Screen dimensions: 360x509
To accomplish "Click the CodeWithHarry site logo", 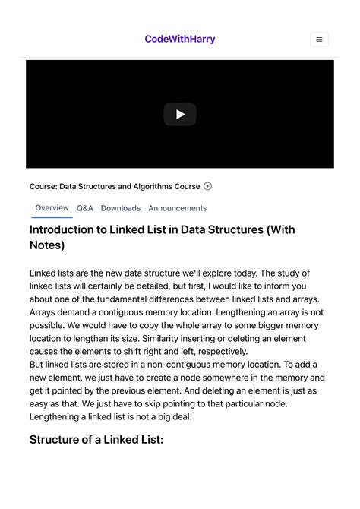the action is (x=180, y=39).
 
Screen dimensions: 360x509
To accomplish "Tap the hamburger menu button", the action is (x=319, y=40).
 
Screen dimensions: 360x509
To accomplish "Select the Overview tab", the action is (x=52, y=207).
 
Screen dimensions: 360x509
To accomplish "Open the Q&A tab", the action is (x=85, y=208).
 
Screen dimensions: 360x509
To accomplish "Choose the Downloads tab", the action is (x=121, y=208).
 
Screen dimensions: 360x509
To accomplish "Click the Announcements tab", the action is (x=178, y=208).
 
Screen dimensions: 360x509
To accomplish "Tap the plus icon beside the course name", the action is (x=208, y=186).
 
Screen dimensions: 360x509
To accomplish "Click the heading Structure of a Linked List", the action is (x=96, y=439).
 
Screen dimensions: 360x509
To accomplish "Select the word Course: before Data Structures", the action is (x=43, y=186).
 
